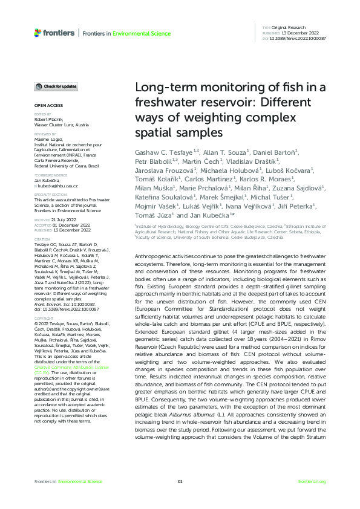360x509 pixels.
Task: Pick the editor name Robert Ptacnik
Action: tap(50, 120)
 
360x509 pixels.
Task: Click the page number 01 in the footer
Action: tap(180, 481)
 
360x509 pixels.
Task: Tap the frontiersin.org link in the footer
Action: tap(312, 481)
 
